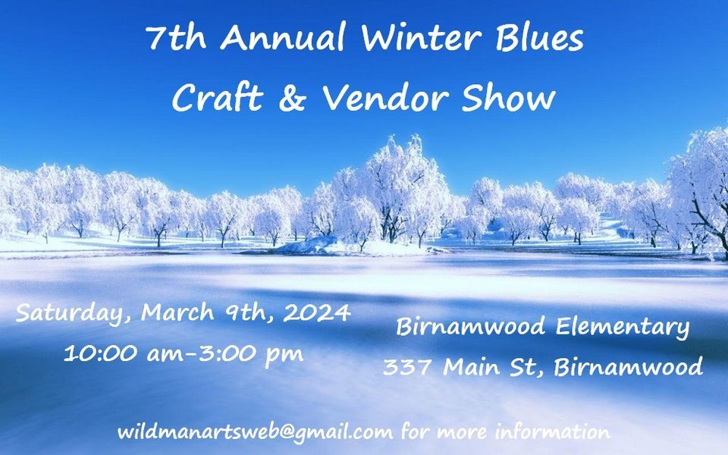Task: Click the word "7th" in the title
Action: tap(176, 37)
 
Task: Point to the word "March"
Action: tap(177, 312)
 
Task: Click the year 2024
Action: tap(317, 312)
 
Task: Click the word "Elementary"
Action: tap(622, 328)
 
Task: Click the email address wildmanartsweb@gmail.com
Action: tap(255, 432)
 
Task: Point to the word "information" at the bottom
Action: tap(553, 431)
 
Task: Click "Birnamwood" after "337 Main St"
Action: tap(628, 367)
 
